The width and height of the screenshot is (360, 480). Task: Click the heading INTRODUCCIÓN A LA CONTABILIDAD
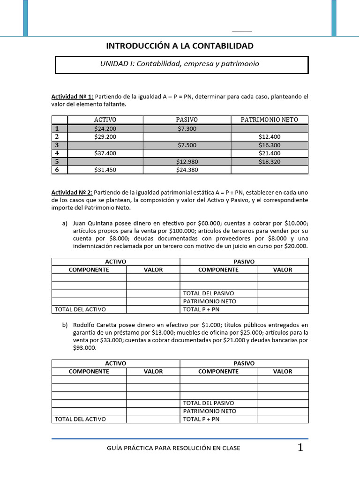(180, 45)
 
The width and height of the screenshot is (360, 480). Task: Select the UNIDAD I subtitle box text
(180, 64)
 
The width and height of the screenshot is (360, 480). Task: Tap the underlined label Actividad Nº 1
(72, 97)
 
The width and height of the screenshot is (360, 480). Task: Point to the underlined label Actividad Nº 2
(72, 193)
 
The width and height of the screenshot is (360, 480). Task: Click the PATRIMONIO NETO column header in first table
(269, 120)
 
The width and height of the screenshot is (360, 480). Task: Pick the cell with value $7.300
(187, 128)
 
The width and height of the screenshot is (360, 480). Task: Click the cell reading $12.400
(269, 136)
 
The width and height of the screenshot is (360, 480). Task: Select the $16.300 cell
(269, 145)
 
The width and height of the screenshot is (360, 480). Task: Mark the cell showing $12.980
(187, 162)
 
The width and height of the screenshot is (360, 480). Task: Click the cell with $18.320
(269, 162)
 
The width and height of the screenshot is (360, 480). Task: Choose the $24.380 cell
(187, 170)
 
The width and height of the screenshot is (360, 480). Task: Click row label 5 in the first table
(57, 162)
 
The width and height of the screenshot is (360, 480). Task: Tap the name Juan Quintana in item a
(95, 223)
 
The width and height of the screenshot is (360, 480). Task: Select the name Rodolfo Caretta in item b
(99, 324)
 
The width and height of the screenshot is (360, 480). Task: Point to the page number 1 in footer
(300, 448)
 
